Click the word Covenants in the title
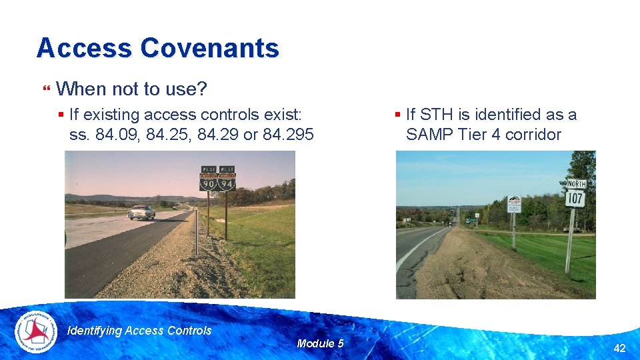pyautogui.click(x=210, y=48)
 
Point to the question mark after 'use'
pyautogui.click(x=202, y=88)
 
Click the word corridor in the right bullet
pyautogui.click(x=533, y=135)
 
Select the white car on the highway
pyautogui.click(x=141, y=213)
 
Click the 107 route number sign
pyautogui.click(x=575, y=197)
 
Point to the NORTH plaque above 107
pyautogui.click(x=575, y=183)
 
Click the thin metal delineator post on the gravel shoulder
pyautogui.click(x=197, y=233)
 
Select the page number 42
pyautogui.click(x=619, y=348)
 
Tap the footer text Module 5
pyautogui.click(x=320, y=343)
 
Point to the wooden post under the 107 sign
pyautogui.click(x=570, y=240)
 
